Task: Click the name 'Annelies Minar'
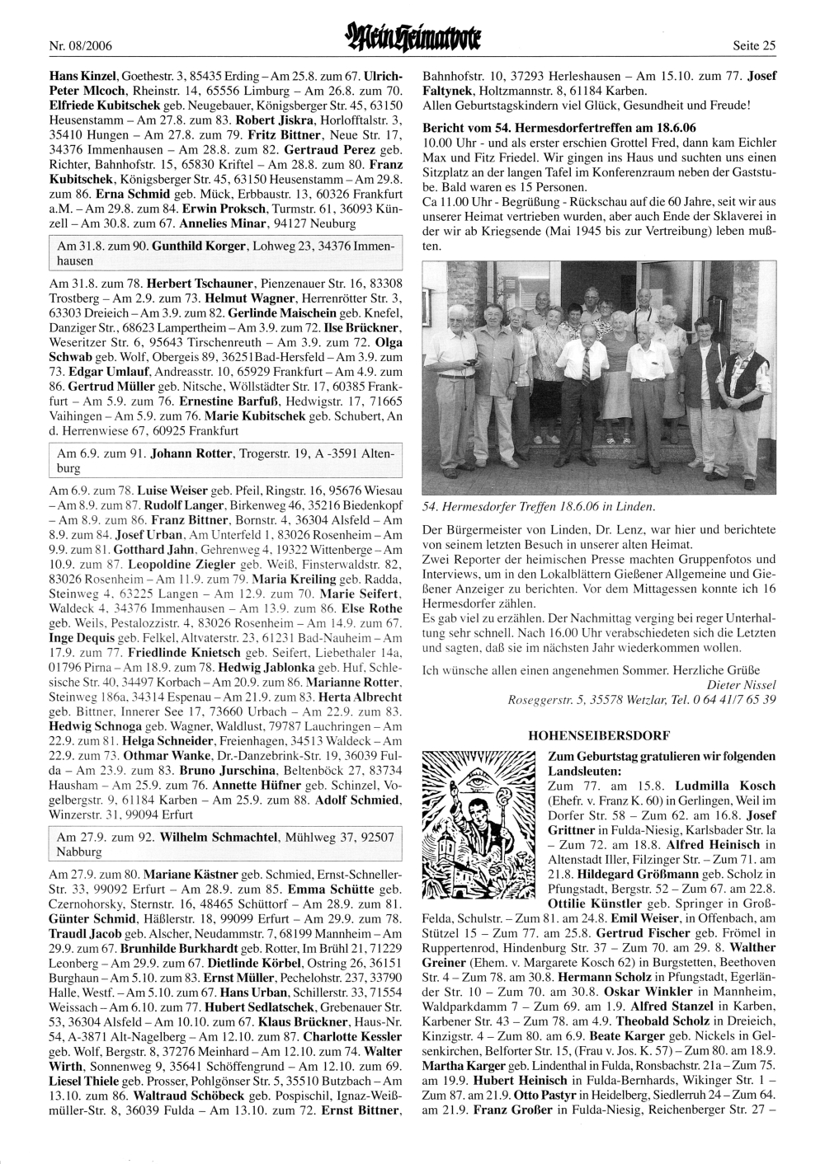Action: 254,223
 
